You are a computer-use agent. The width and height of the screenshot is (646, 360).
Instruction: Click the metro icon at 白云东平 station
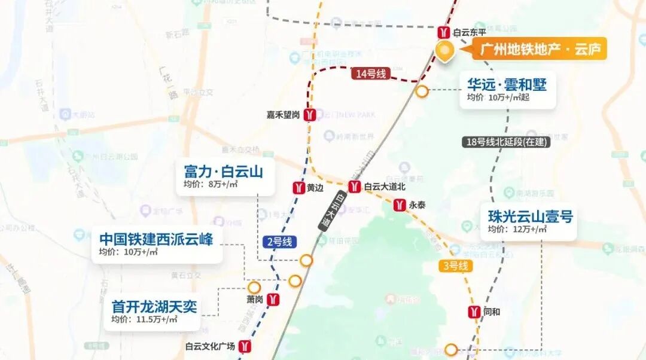pyautogui.click(x=443, y=32)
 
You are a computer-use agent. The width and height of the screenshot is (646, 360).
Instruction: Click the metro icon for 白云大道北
pyautogui.click(x=354, y=187)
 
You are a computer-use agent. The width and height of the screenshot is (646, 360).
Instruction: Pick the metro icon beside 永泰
pyautogui.click(x=400, y=205)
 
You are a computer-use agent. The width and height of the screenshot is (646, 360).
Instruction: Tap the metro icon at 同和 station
pyautogui.click(x=474, y=312)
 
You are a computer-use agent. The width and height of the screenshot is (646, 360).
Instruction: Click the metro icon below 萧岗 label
pyautogui.click(x=273, y=300)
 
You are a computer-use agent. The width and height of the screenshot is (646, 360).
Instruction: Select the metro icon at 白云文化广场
pyautogui.click(x=245, y=346)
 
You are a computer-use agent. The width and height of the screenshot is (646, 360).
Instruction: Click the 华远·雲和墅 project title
pyautogui.click(x=507, y=84)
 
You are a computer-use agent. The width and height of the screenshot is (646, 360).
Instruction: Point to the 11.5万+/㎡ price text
pyautogui.click(x=144, y=319)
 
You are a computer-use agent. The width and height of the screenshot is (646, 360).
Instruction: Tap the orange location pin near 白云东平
pyautogui.click(x=444, y=51)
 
